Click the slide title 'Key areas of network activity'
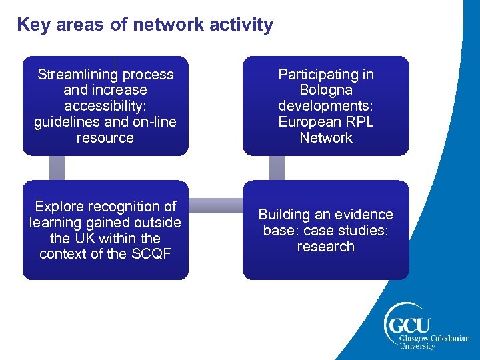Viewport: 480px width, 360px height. click(145, 25)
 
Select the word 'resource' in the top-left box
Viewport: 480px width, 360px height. click(105, 138)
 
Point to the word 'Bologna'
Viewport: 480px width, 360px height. click(326, 90)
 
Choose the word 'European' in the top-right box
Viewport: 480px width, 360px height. click(309, 122)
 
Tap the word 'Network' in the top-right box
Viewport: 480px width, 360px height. click(326, 138)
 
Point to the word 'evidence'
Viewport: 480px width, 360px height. click(365, 215)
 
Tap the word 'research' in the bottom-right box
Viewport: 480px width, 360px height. click(326, 247)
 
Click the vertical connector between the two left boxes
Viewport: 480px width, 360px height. click(57, 168)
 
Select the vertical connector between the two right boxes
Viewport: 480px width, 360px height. click(277, 168)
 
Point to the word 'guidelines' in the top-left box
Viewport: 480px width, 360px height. click(65, 122)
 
